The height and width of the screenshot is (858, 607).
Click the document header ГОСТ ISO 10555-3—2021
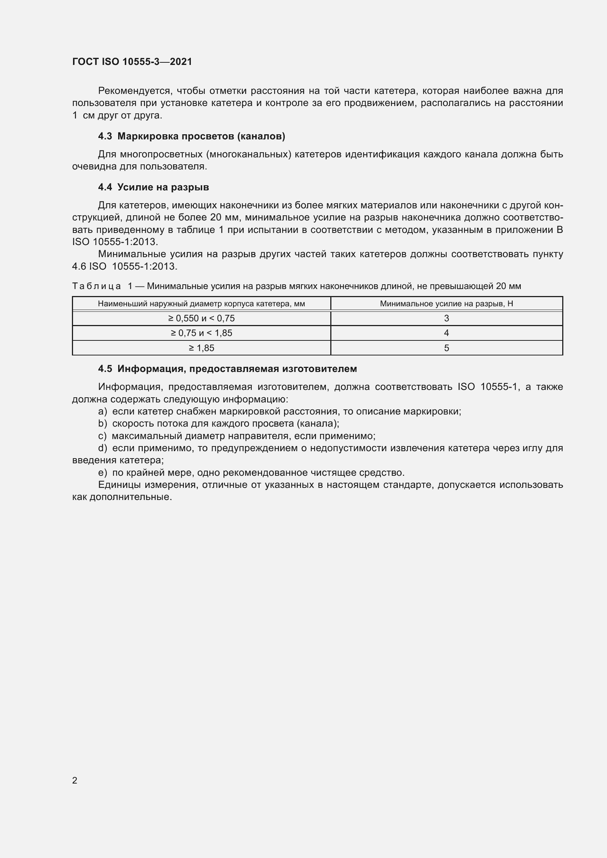coord(132,62)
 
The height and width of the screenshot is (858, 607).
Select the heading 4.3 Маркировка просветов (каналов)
coord(191,136)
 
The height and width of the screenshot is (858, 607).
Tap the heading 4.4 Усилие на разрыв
coord(153,187)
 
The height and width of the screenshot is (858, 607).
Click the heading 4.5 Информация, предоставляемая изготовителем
coord(227,368)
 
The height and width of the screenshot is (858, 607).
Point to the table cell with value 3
coord(446,318)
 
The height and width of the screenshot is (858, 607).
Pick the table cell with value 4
coord(446,333)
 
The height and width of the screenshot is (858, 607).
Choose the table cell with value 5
coord(446,347)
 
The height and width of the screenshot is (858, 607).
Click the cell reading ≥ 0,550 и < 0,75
coord(201,318)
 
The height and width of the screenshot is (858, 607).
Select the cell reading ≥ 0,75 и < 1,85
coord(201,333)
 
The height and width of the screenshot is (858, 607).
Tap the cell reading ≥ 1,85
coord(201,347)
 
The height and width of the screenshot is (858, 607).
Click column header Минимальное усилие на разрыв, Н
coord(446,303)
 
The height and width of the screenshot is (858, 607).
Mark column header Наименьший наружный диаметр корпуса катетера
coord(201,303)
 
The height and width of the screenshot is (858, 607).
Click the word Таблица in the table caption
coord(97,286)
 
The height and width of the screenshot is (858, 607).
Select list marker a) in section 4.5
coord(102,411)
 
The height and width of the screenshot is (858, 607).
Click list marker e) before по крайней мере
coord(102,472)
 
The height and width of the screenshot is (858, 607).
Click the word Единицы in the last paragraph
coord(119,485)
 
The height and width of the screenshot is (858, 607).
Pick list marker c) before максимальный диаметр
coord(102,436)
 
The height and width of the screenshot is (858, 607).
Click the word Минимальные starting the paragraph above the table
coord(132,254)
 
